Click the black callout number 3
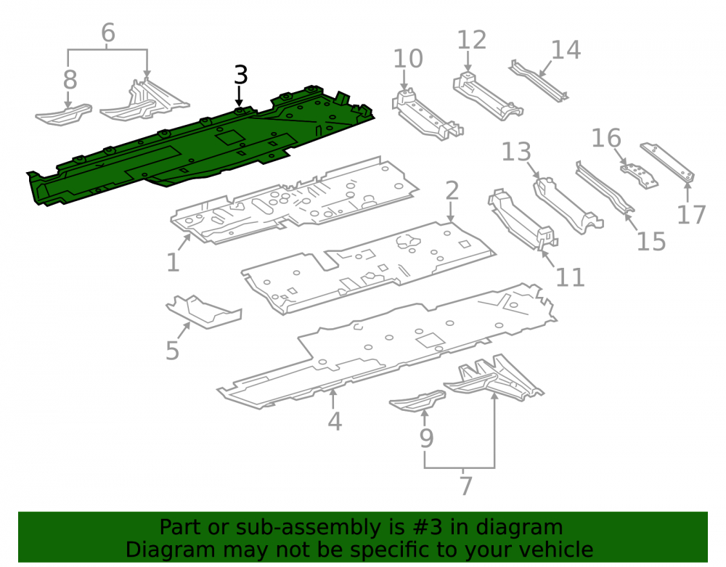241,75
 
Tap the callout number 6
108,33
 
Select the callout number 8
70,80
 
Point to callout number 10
408,59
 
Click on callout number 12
472,40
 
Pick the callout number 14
566,50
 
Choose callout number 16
606,138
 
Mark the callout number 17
691,214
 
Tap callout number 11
570,277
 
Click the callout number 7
466,486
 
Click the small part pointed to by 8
63,115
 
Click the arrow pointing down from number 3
239,97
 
